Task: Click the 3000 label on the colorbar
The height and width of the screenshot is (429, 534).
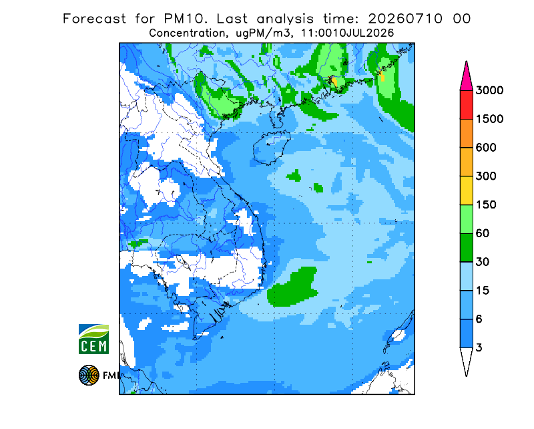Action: pos(489,90)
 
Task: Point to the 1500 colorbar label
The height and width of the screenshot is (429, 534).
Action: pos(489,119)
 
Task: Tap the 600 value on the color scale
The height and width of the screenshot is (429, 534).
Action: pos(486,148)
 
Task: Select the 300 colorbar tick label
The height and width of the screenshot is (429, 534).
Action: pos(486,176)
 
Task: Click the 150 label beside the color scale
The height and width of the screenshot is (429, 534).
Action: pos(486,205)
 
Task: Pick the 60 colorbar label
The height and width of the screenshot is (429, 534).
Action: pos(483,234)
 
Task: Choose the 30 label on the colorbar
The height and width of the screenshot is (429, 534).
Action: pos(483,262)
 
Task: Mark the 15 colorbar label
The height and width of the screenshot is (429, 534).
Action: pos(483,291)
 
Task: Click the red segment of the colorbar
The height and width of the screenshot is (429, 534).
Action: pos(466,105)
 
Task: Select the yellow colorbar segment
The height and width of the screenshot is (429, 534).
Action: pos(466,190)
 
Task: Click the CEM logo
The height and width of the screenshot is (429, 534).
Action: pos(93,339)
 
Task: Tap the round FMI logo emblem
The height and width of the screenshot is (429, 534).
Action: pos(89,375)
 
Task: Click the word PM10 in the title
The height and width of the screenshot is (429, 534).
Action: pos(185,19)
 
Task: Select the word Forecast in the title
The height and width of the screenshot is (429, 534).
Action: pos(94,19)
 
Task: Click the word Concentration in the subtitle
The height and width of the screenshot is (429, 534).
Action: pos(188,33)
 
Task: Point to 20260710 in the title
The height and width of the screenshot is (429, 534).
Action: pos(405,19)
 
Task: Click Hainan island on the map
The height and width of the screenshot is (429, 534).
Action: pos(271,147)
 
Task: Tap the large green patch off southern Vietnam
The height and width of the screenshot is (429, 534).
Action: pos(293,287)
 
